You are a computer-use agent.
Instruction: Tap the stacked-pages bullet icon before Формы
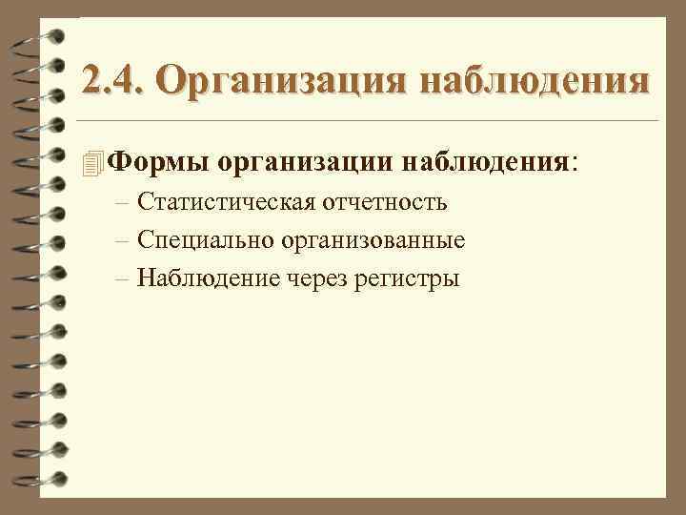[92, 163]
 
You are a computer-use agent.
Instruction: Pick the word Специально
[206, 240]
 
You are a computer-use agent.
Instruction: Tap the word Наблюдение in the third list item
[210, 278]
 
